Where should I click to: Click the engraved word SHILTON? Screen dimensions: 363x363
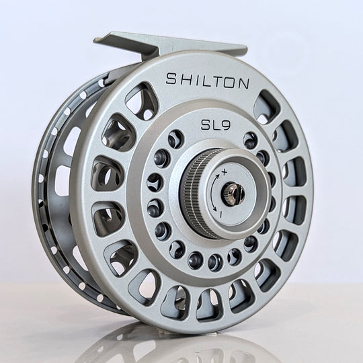coord(207,81)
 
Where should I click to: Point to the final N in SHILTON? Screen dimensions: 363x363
coord(243,85)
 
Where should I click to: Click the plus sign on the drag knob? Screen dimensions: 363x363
coord(223,173)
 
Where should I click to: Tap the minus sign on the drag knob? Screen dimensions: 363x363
coord(220,213)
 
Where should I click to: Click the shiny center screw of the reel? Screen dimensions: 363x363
coord(237,195)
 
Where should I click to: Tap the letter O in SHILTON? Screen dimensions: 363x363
coord(229,83)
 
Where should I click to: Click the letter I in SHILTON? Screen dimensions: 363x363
coord(194,79)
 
